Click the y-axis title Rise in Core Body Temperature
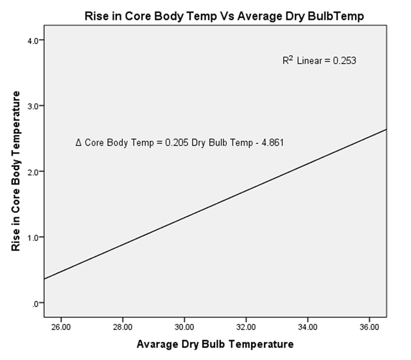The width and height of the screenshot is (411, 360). click(17, 171)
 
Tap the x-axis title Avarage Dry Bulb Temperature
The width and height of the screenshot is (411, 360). click(215, 344)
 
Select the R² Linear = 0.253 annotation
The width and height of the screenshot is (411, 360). click(319, 61)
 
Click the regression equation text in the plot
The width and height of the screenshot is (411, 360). click(179, 142)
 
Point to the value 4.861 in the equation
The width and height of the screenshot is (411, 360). click(270, 142)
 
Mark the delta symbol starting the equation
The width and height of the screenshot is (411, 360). click(78, 142)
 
